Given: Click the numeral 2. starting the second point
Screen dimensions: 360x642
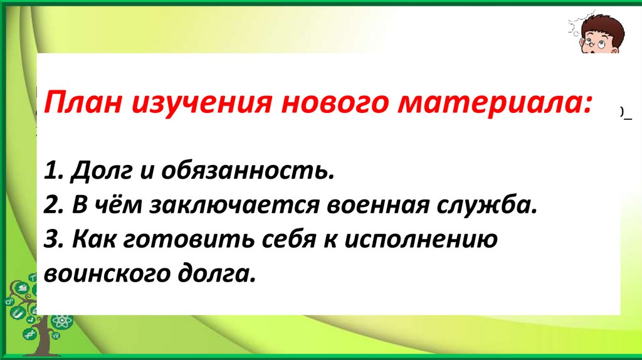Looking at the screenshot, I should click(x=57, y=206).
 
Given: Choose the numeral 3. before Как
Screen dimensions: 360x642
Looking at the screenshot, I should click(x=57, y=240).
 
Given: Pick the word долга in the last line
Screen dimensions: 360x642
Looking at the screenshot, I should click(x=213, y=275).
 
